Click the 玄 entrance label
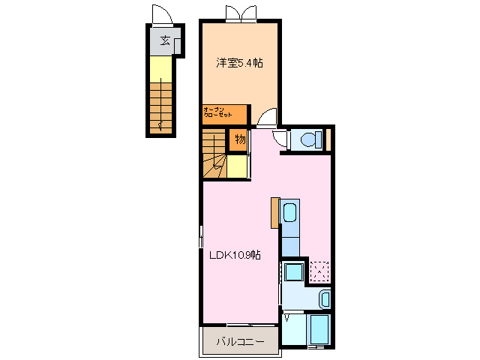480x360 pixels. (165, 40)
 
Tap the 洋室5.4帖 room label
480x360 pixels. (239, 63)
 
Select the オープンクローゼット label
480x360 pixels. (217, 112)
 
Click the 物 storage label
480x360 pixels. (240, 139)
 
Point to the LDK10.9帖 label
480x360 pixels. (235, 255)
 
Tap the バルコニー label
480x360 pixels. (240, 341)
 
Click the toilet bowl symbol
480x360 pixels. (311, 139)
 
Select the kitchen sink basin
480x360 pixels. (289, 212)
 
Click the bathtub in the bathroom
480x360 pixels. (319, 328)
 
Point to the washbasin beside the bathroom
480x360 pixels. (325, 299)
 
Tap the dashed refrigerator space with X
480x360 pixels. (319, 271)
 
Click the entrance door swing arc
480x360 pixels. (162, 14)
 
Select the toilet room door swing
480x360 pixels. (280, 139)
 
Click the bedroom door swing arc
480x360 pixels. (266, 117)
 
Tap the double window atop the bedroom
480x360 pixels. (241, 13)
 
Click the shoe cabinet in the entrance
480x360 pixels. (177, 46)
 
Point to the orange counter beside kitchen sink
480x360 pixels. (275, 213)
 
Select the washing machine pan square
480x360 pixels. (294, 272)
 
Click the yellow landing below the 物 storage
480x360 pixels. (237, 166)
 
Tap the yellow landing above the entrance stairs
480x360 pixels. (160, 70)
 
